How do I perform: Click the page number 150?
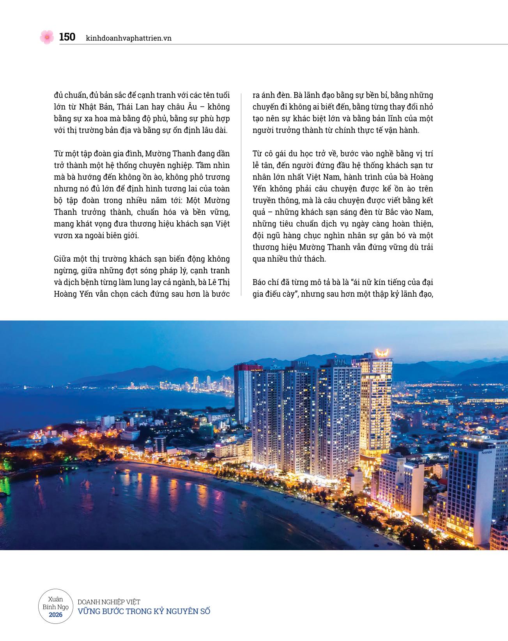67,37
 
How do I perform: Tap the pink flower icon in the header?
47,37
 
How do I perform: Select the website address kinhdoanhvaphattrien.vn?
129,38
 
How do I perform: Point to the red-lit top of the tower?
242,367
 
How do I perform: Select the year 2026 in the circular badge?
56,615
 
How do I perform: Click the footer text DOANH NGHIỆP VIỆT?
109,602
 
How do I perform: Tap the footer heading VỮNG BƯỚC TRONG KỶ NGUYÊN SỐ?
144,611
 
